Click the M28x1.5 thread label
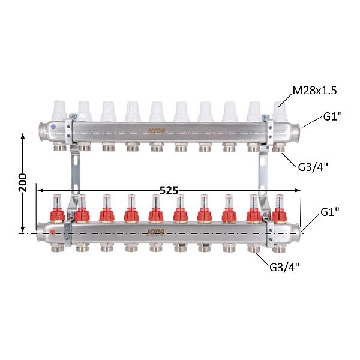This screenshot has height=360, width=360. coord(314,91)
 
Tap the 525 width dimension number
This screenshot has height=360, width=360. coord(169,191)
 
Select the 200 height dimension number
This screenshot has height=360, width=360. coord(23,183)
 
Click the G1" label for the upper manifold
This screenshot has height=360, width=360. coord(332,116)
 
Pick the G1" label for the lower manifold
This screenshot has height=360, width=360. coord(329,212)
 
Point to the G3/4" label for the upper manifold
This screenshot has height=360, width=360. coord(313,167)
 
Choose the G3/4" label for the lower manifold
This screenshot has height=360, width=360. coord(284,267)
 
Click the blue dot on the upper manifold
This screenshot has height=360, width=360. coord(53,127)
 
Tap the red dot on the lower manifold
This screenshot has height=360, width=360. coord(53,232)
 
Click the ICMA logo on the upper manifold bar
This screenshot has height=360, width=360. coord(157,131)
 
